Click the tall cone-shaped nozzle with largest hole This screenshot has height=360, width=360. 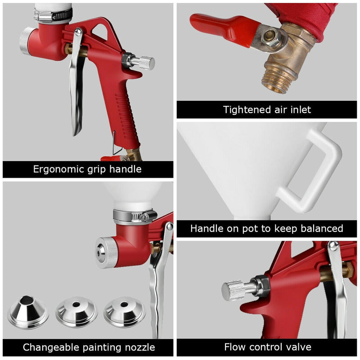tap(28, 312)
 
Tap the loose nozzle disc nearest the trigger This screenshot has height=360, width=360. tap(124, 312)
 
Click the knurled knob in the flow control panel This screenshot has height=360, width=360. tap(234, 291)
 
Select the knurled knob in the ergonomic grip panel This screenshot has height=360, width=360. tap(145, 63)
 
